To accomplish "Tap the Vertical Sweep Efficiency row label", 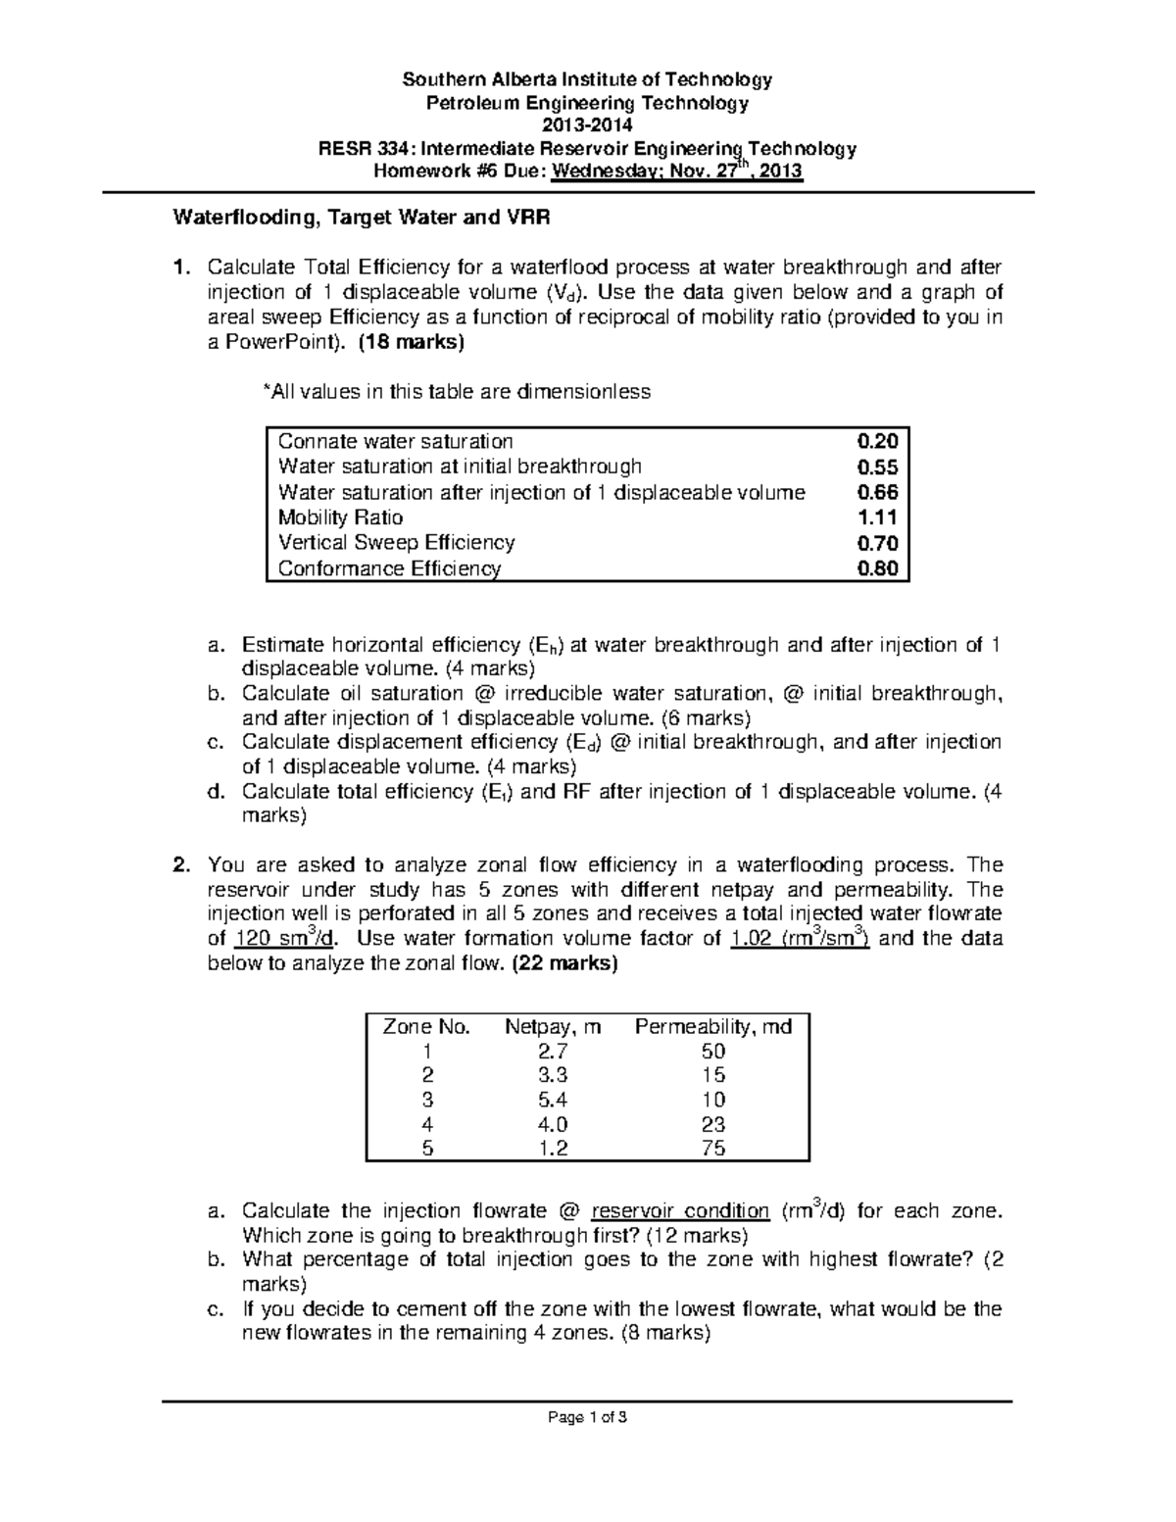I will tap(396, 543).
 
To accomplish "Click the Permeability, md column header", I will tap(713, 1027).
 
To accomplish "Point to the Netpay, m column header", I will tap(553, 1027).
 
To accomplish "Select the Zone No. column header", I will tap(426, 1027).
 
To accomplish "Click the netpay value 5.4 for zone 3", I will tap(553, 1100).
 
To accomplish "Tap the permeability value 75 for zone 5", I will tap(713, 1149).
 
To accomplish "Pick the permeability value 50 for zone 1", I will tap(713, 1052).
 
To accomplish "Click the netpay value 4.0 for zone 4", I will tap(553, 1124).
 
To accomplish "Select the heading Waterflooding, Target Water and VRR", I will tap(361, 219).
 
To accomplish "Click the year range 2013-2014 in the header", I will tap(587, 125).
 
